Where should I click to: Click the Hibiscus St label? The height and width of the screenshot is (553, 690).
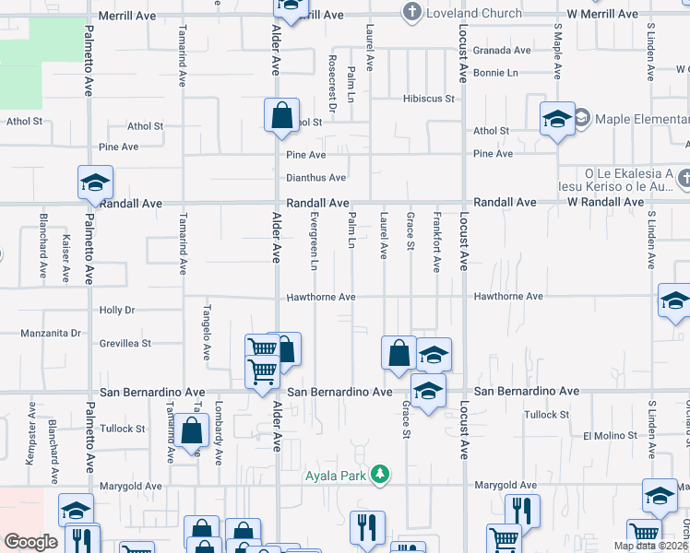point(429,99)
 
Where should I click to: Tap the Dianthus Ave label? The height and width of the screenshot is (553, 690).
point(315,178)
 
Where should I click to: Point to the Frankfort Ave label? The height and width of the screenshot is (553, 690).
point(436,243)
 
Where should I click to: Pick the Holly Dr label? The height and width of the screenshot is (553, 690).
point(117,311)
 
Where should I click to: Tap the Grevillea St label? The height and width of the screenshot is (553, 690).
point(125,344)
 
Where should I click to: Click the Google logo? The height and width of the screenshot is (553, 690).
point(30,542)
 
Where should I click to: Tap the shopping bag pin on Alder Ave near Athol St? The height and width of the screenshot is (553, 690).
point(281,118)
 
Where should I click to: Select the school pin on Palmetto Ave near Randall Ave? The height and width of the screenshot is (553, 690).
point(95,183)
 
